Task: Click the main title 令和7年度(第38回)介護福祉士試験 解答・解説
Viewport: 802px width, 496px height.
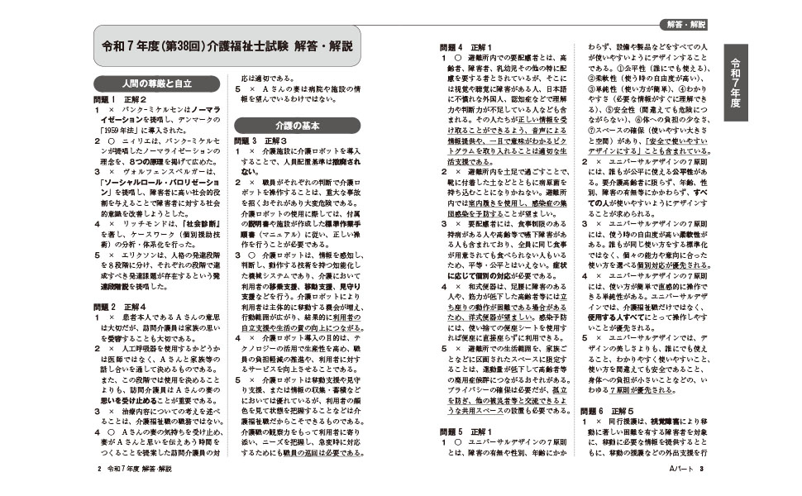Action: (x=225, y=46)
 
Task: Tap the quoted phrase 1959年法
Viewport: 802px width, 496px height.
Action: (x=122, y=130)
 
